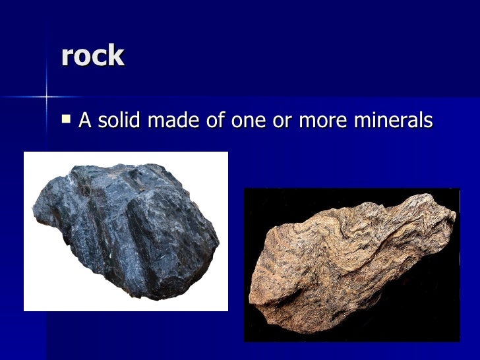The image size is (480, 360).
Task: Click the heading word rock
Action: click(92, 56)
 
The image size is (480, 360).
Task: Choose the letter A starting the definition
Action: click(84, 121)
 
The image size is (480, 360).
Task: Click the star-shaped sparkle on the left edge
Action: click(46, 97)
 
